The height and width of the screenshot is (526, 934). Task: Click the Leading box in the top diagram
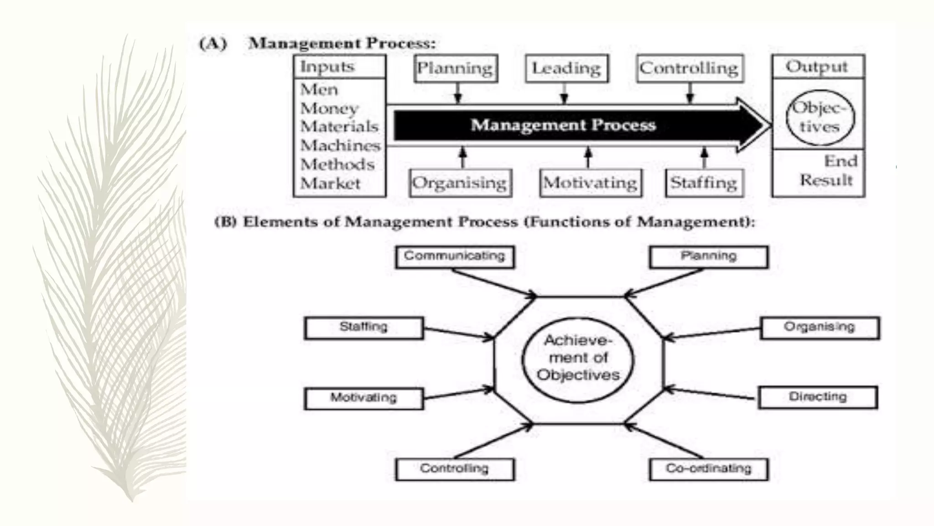click(x=566, y=68)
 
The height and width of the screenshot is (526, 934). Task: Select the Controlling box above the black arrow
click(x=690, y=68)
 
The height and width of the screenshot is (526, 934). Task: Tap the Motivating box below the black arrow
click(x=590, y=183)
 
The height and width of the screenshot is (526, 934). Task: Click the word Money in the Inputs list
click(x=329, y=109)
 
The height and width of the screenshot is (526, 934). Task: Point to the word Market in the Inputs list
click(x=330, y=184)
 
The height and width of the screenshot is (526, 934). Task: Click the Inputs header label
click(x=327, y=67)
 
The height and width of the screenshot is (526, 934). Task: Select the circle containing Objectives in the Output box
click(x=820, y=117)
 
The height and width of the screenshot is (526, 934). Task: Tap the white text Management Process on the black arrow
click(x=563, y=125)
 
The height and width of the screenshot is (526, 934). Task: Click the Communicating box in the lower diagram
click(x=455, y=257)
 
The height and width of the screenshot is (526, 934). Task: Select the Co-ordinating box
click(x=708, y=469)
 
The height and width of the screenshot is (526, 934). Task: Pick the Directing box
click(x=818, y=397)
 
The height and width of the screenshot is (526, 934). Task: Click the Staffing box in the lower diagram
click(x=363, y=328)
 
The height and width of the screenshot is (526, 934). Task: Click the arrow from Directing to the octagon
click(x=709, y=394)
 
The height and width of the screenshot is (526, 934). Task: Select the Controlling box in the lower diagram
click(x=455, y=469)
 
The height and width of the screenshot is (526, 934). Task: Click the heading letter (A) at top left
click(x=213, y=44)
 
